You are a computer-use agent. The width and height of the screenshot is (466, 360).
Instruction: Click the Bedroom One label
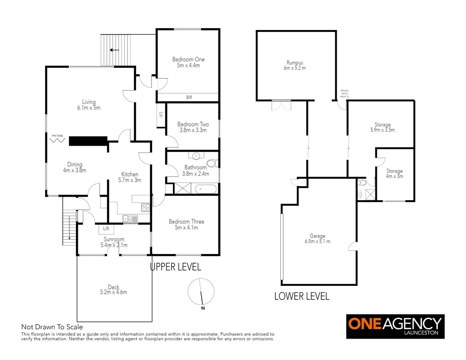188,59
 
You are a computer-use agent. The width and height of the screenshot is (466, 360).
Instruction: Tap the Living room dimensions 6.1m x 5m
89,108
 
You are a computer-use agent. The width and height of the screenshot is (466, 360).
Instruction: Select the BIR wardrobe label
188,97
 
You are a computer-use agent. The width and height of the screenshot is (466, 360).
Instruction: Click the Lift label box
106,228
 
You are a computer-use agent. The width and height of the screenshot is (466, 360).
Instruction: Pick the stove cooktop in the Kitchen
146,208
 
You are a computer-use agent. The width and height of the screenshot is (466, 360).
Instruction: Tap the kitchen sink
130,219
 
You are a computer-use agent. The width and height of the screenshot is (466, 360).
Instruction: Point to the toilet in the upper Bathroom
212,163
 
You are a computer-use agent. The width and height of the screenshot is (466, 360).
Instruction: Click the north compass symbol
201,292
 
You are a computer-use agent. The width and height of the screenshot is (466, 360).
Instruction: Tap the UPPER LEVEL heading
176,267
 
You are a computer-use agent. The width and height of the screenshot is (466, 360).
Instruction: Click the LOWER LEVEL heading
302,296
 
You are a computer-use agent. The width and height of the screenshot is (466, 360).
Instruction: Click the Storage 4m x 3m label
394,174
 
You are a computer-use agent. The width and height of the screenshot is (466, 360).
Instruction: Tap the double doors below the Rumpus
280,105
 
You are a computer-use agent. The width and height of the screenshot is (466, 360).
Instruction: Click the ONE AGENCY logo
395,326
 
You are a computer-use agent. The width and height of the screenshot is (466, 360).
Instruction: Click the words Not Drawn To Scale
52,326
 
